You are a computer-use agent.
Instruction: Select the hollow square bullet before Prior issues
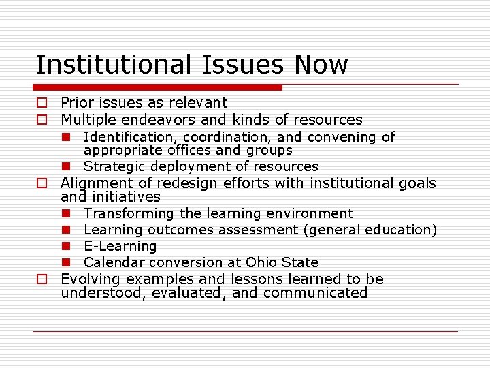pos(42,104)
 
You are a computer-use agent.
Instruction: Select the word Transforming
pos(129,214)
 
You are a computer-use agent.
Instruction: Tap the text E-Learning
pos(120,246)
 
